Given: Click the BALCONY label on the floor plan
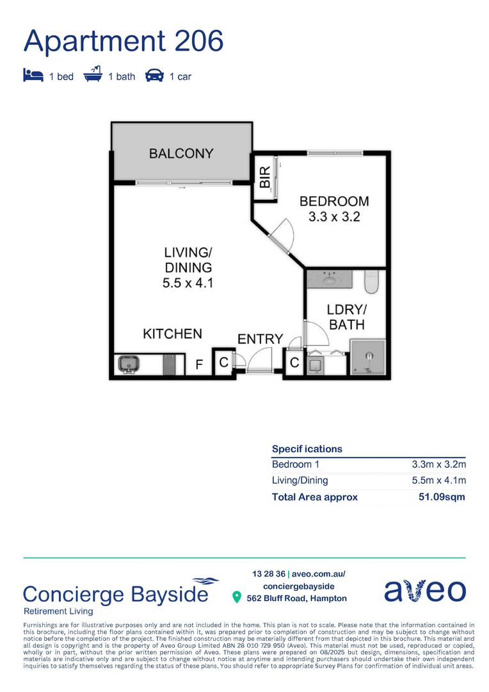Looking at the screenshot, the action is click(181, 154).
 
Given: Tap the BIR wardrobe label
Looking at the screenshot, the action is click(265, 177).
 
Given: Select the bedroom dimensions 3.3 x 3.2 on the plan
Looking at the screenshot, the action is click(334, 217).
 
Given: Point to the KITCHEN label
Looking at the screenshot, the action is click(172, 334).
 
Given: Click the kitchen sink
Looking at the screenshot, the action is click(129, 365).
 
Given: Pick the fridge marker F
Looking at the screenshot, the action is click(199, 365).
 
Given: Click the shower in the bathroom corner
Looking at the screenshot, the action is click(368, 357).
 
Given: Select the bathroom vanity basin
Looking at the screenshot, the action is click(330, 279).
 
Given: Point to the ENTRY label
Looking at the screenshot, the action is click(260, 339).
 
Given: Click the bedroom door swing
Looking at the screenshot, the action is click(282, 235).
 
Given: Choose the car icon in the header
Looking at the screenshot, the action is click(154, 76).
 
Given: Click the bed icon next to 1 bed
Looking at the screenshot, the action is click(33, 76).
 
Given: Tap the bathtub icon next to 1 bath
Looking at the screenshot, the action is click(93, 74).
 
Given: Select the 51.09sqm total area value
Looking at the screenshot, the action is click(442, 497).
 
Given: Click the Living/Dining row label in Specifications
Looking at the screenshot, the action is click(300, 481).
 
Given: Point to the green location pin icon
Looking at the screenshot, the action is click(237, 598).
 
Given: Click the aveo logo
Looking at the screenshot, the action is click(425, 591).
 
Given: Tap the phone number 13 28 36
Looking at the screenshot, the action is click(269, 573).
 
